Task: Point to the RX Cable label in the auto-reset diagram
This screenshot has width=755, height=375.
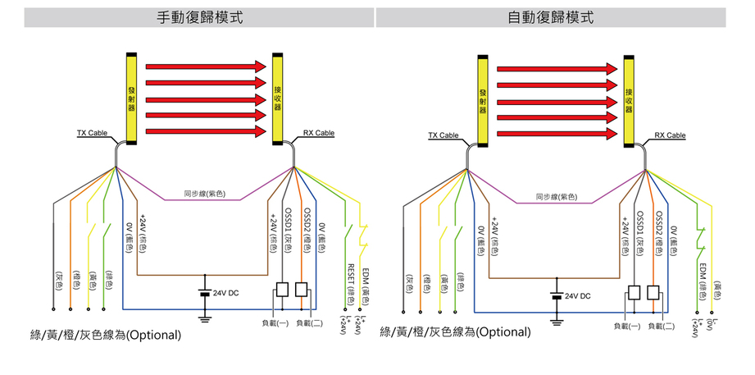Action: pos(670,135)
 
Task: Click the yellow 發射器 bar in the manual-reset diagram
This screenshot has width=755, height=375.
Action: pos(130,96)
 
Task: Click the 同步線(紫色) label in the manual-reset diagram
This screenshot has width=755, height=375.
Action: pos(204,194)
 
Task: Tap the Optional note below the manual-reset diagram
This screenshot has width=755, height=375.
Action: pos(104,336)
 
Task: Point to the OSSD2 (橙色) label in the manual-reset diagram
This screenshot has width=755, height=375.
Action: pos(306,229)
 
